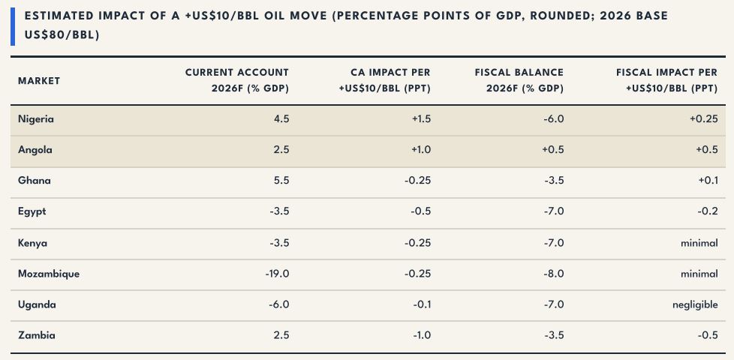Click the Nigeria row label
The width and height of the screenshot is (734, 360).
point(36,119)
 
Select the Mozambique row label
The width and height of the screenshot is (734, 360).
point(49,274)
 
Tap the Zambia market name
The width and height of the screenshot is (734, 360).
point(37,335)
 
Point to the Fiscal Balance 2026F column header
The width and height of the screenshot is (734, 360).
point(519,80)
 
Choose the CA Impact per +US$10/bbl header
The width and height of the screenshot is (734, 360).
point(384,80)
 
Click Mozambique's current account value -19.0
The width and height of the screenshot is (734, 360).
point(277,274)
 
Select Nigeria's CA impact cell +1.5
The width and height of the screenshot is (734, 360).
point(421,119)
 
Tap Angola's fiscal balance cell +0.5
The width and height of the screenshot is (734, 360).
point(554,150)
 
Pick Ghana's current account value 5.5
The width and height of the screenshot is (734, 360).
point(281,181)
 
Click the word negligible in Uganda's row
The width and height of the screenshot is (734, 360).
point(695,305)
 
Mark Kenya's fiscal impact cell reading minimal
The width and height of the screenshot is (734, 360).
point(699,243)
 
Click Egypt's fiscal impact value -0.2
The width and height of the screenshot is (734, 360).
point(708,211)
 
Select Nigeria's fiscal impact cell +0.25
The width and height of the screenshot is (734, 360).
point(703,119)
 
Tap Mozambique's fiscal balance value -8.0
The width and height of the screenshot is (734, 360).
point(555,274)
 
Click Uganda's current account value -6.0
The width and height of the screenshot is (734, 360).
point(279,304)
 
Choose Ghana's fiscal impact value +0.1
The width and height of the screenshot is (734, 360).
point(708,181)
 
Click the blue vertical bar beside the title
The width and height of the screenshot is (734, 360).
point(13,27)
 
